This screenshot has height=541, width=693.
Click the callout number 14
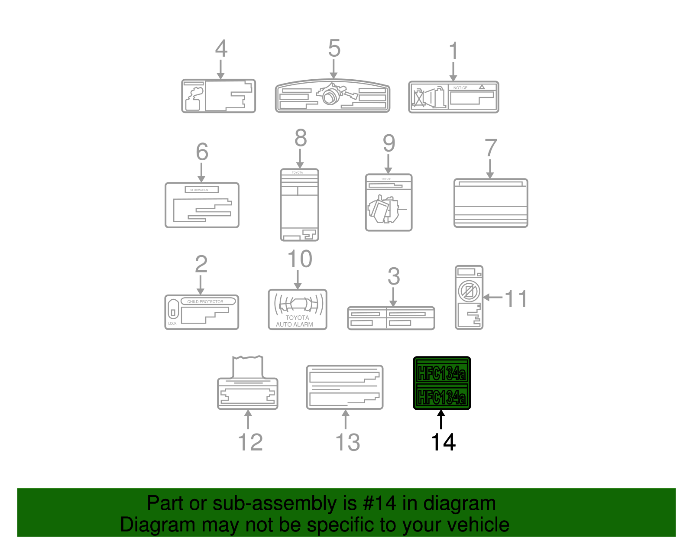click(443, 442)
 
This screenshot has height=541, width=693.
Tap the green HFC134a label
click(442, 383)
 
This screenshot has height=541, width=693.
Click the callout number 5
click(334, 48)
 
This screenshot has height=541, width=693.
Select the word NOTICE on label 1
click(460, 87)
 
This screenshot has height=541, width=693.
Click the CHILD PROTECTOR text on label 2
click(205, 301)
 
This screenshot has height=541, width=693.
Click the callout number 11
click(516, 299)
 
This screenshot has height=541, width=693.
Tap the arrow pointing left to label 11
click(492, 297)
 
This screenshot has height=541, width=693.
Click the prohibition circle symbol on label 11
click(469, 291)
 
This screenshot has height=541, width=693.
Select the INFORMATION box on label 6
click(201, 190)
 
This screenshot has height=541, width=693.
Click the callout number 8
click(301, 138)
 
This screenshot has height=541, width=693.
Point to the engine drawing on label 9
click(383, 210)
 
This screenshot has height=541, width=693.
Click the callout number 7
click(490, 148)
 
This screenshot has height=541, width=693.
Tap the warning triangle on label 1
click(482, 87)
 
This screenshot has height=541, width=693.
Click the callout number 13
click(347, 442)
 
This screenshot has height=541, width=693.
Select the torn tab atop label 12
click(248, 366)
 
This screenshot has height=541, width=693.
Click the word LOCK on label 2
click(172, 324)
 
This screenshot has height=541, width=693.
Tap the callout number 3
click(393, 276)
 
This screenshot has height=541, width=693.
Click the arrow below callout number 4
click(220, 69)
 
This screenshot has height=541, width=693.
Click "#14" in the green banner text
click(379, 503)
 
